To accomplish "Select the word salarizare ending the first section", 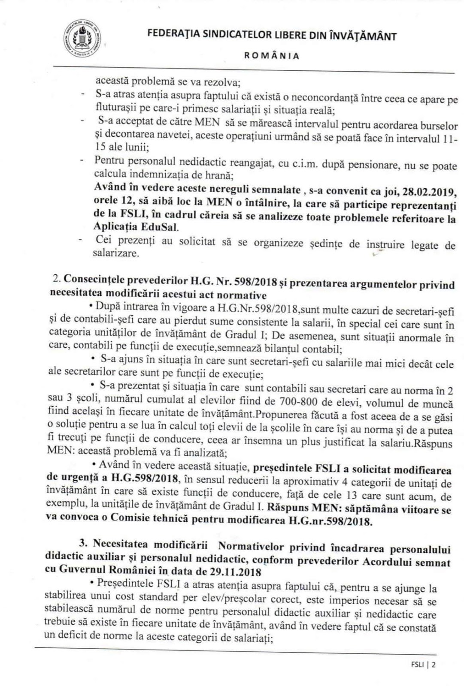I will (x=116, y=254).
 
